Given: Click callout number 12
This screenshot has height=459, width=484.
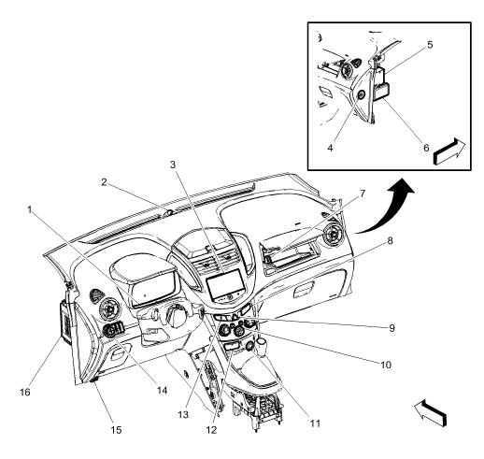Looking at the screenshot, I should [211, 429].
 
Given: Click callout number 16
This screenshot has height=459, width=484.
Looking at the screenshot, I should [25, 392].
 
